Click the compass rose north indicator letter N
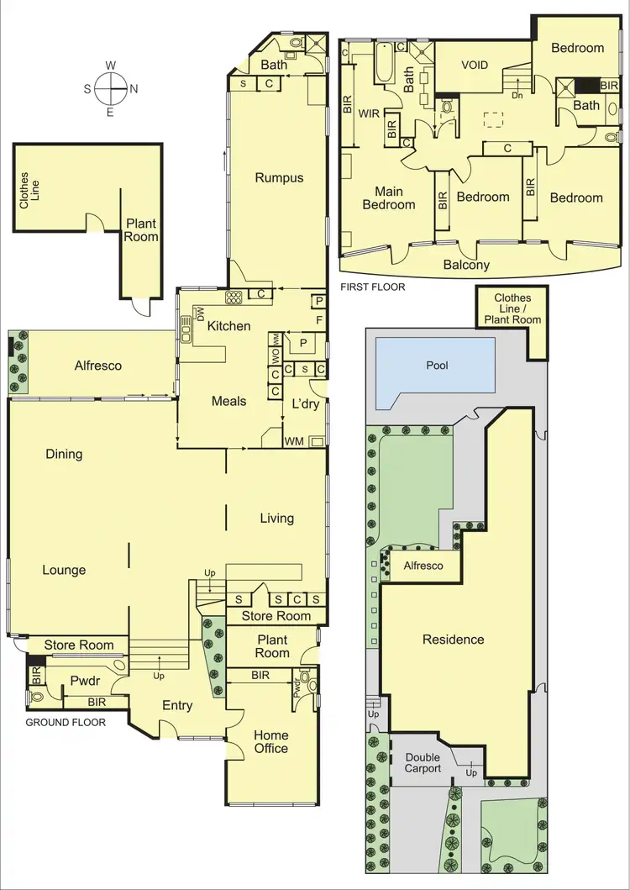click(134, 87)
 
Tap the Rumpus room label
click(279, 177)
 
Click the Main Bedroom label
click(388, 198)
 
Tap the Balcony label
click(466, 265)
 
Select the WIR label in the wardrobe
click(370, 112)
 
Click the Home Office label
click(270, 740)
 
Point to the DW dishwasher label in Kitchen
click(200, 313)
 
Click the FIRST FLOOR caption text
click(372, 287)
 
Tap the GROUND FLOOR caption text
click(65, 722)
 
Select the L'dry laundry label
click(304, 403)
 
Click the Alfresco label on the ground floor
click(98, 366)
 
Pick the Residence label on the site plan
click(453, 639)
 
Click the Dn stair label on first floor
click(517, 95)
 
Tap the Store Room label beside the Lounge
click(78, 645)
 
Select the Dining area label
click(64, 454)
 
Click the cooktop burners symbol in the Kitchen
click(233, 296)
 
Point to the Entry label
click(177, 705)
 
